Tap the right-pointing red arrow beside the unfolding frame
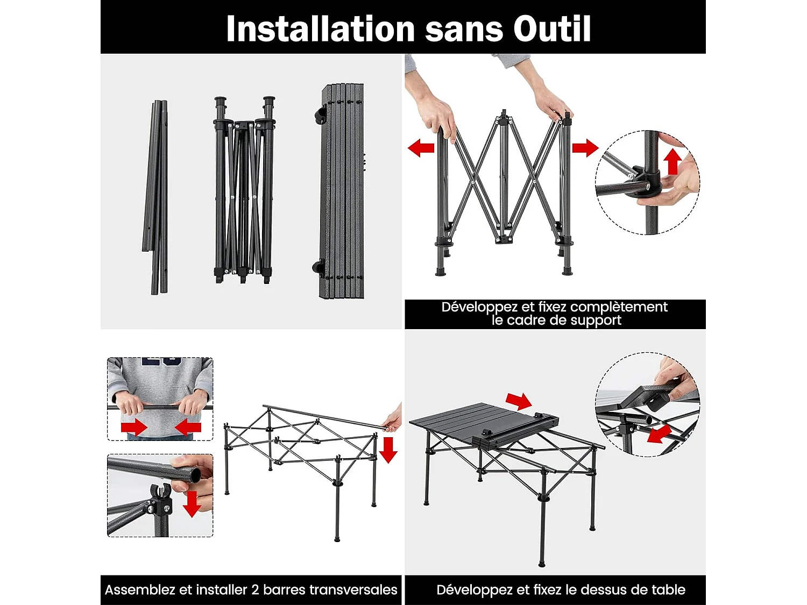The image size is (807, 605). [x=585, y=147]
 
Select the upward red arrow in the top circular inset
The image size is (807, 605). [x=672, y=161]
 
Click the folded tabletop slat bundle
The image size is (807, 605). [x=343, y=191]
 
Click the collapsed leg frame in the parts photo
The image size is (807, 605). [x=244, y=191]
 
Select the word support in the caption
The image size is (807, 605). [x=596, y=321]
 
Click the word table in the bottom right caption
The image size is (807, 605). [x=668, y=590]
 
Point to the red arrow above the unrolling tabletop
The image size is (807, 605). [x=519, y=401]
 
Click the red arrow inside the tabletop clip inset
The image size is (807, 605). [x=659, y=433]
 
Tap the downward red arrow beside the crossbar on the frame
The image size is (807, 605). [x=388, y=450]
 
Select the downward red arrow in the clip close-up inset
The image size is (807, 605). [x=192, y=503]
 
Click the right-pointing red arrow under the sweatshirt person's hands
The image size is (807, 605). [x=134, y=428]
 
